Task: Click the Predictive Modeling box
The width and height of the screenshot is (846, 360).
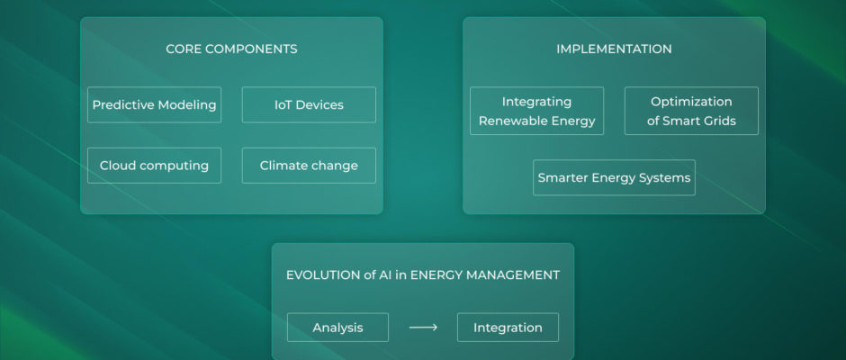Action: tap(154, 104)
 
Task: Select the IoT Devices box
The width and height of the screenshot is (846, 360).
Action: tap(309, 104)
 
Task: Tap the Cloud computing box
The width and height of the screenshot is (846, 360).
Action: tap(154, 166)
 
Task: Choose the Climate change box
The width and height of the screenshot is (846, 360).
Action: tap(309, 166)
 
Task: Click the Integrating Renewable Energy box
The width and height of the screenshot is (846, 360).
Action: tap(536, 111)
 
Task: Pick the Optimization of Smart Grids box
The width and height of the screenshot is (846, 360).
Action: tap(691, 111)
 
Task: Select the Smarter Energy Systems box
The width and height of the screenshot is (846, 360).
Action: tap(614, 177)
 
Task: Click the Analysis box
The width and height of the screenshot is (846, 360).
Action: tap(337, 328)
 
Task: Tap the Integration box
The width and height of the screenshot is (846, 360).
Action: tap(508, 328)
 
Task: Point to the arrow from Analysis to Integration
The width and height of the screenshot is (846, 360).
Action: tap(423, 328)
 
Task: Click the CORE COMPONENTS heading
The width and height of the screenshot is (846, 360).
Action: tap(231, 49)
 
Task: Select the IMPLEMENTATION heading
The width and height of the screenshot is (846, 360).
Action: tap(614, 49)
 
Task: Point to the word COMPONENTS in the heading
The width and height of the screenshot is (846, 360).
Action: tap(259, 49)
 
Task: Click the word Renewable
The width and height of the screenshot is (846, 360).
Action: tap(506, 121)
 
